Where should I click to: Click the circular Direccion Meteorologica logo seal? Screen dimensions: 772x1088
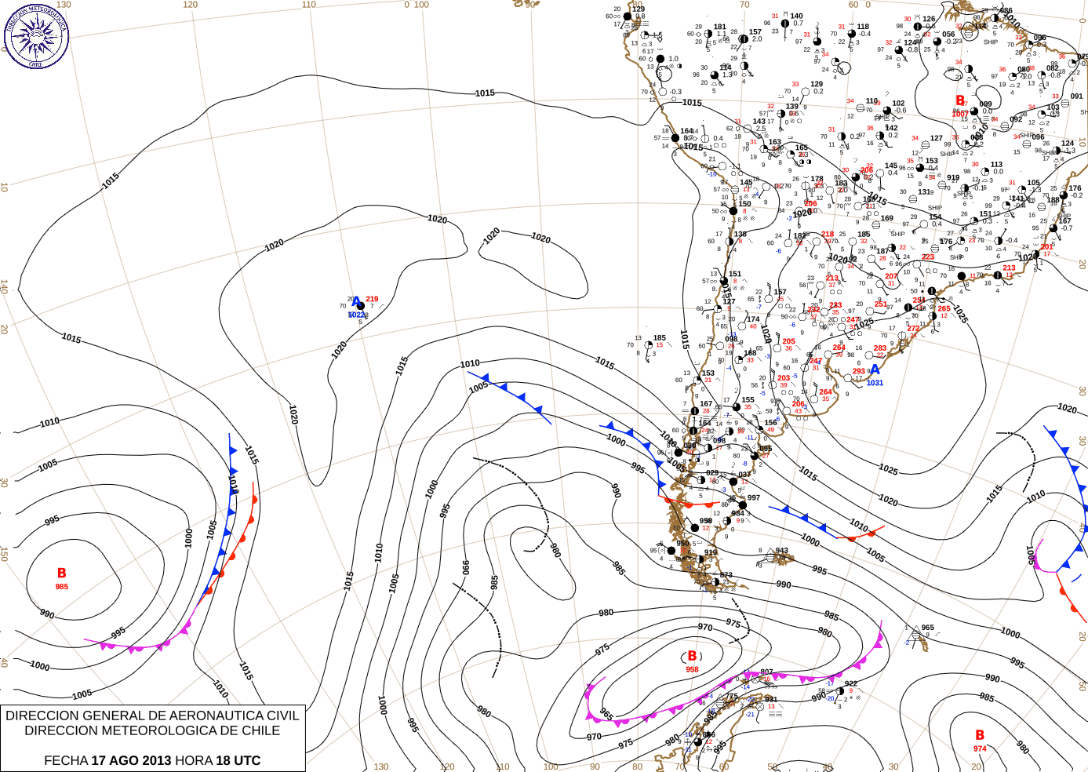click(x=36, y=36)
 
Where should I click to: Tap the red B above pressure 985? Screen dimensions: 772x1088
click(x=62, y=574)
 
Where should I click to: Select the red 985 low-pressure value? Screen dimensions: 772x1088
click(x=62, y=587)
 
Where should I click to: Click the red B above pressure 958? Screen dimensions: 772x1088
click(x=692, y=657)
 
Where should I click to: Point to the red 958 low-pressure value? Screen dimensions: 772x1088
click(x=692, y=669)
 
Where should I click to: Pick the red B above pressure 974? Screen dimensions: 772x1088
click(x=980, y=735)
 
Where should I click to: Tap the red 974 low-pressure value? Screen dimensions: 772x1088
click(x=980, y=748)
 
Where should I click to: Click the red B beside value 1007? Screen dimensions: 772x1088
click(x=960, y=101)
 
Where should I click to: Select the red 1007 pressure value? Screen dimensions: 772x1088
click(x=961, y=114)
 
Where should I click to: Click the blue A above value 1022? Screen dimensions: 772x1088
click(x=357, y=301)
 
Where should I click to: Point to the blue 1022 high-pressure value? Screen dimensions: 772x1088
click(x=356, y=315)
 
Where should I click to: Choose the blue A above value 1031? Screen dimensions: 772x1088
click(x=875, y=370)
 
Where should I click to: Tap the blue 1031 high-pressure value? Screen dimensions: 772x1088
click(x=875, y=383)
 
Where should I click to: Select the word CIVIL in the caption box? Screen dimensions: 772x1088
click(x=283, y=716)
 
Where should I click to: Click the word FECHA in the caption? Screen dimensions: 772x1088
click(x=66, y=760)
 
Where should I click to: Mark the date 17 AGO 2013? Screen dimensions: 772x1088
click(x=131, y=760)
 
